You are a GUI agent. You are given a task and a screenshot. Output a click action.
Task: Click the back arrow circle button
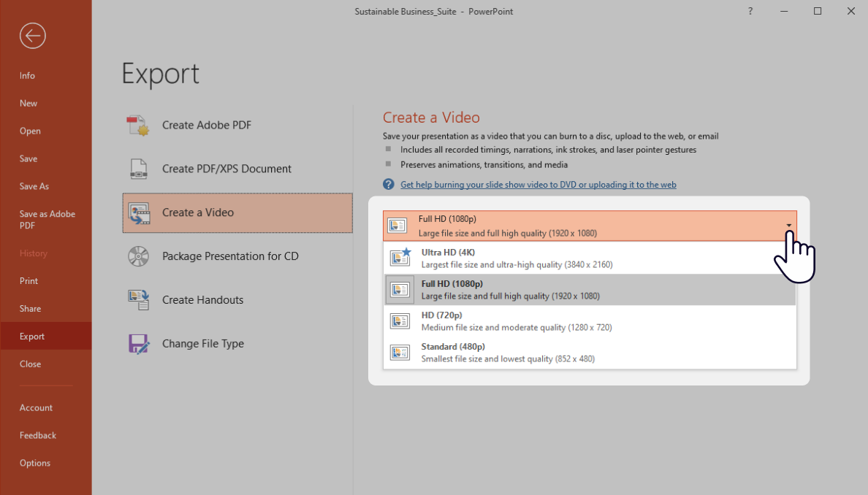click(33, 36)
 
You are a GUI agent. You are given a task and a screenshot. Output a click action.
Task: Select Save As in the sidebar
click(34, 186)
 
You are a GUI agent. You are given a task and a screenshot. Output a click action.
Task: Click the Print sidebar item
click(29, 281)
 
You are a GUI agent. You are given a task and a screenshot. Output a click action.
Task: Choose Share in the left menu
click(31, 309)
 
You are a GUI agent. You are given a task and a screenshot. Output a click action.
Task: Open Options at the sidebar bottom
click(35, 463)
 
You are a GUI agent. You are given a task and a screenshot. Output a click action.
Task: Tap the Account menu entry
click(36, 407)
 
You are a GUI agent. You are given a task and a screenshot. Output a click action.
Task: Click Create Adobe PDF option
click(206, 125)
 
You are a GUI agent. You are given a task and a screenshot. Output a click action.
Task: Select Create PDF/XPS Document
click(226, 169)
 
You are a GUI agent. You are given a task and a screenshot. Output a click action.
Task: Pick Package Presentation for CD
click(230, 256)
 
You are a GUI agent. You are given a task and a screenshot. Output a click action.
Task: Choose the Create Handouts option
click(202, 300)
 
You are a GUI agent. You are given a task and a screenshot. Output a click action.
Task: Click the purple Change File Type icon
click(138, 344)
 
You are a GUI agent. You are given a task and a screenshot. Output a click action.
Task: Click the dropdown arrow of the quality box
click(789, 226)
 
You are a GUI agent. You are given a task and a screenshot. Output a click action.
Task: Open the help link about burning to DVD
click(538, 185)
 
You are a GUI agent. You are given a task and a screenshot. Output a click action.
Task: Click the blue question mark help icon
click(389, 185)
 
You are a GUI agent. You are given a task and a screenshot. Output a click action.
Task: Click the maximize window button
click(818, 11)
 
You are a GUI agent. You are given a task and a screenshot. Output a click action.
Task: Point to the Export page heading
click(160, 74)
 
